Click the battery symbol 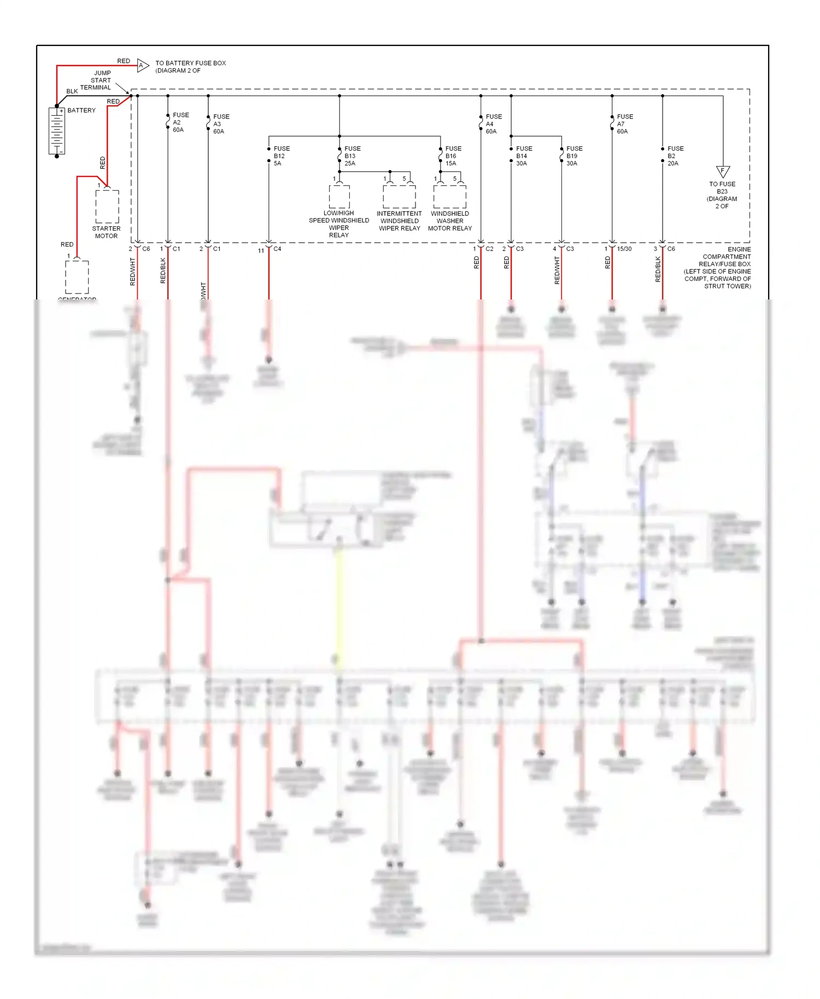coord(57,131)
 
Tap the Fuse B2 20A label coord(675,156)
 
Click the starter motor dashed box coord(107,207)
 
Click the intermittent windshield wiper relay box coord(399,197)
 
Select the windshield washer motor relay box coord(449,197)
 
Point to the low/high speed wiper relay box coord(339,197)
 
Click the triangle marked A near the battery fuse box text coord(142,66)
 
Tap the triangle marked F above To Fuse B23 coord(723,171)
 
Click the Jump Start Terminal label coord(97,80)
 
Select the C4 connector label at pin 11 coord(277,249)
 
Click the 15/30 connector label coord(624,249)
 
